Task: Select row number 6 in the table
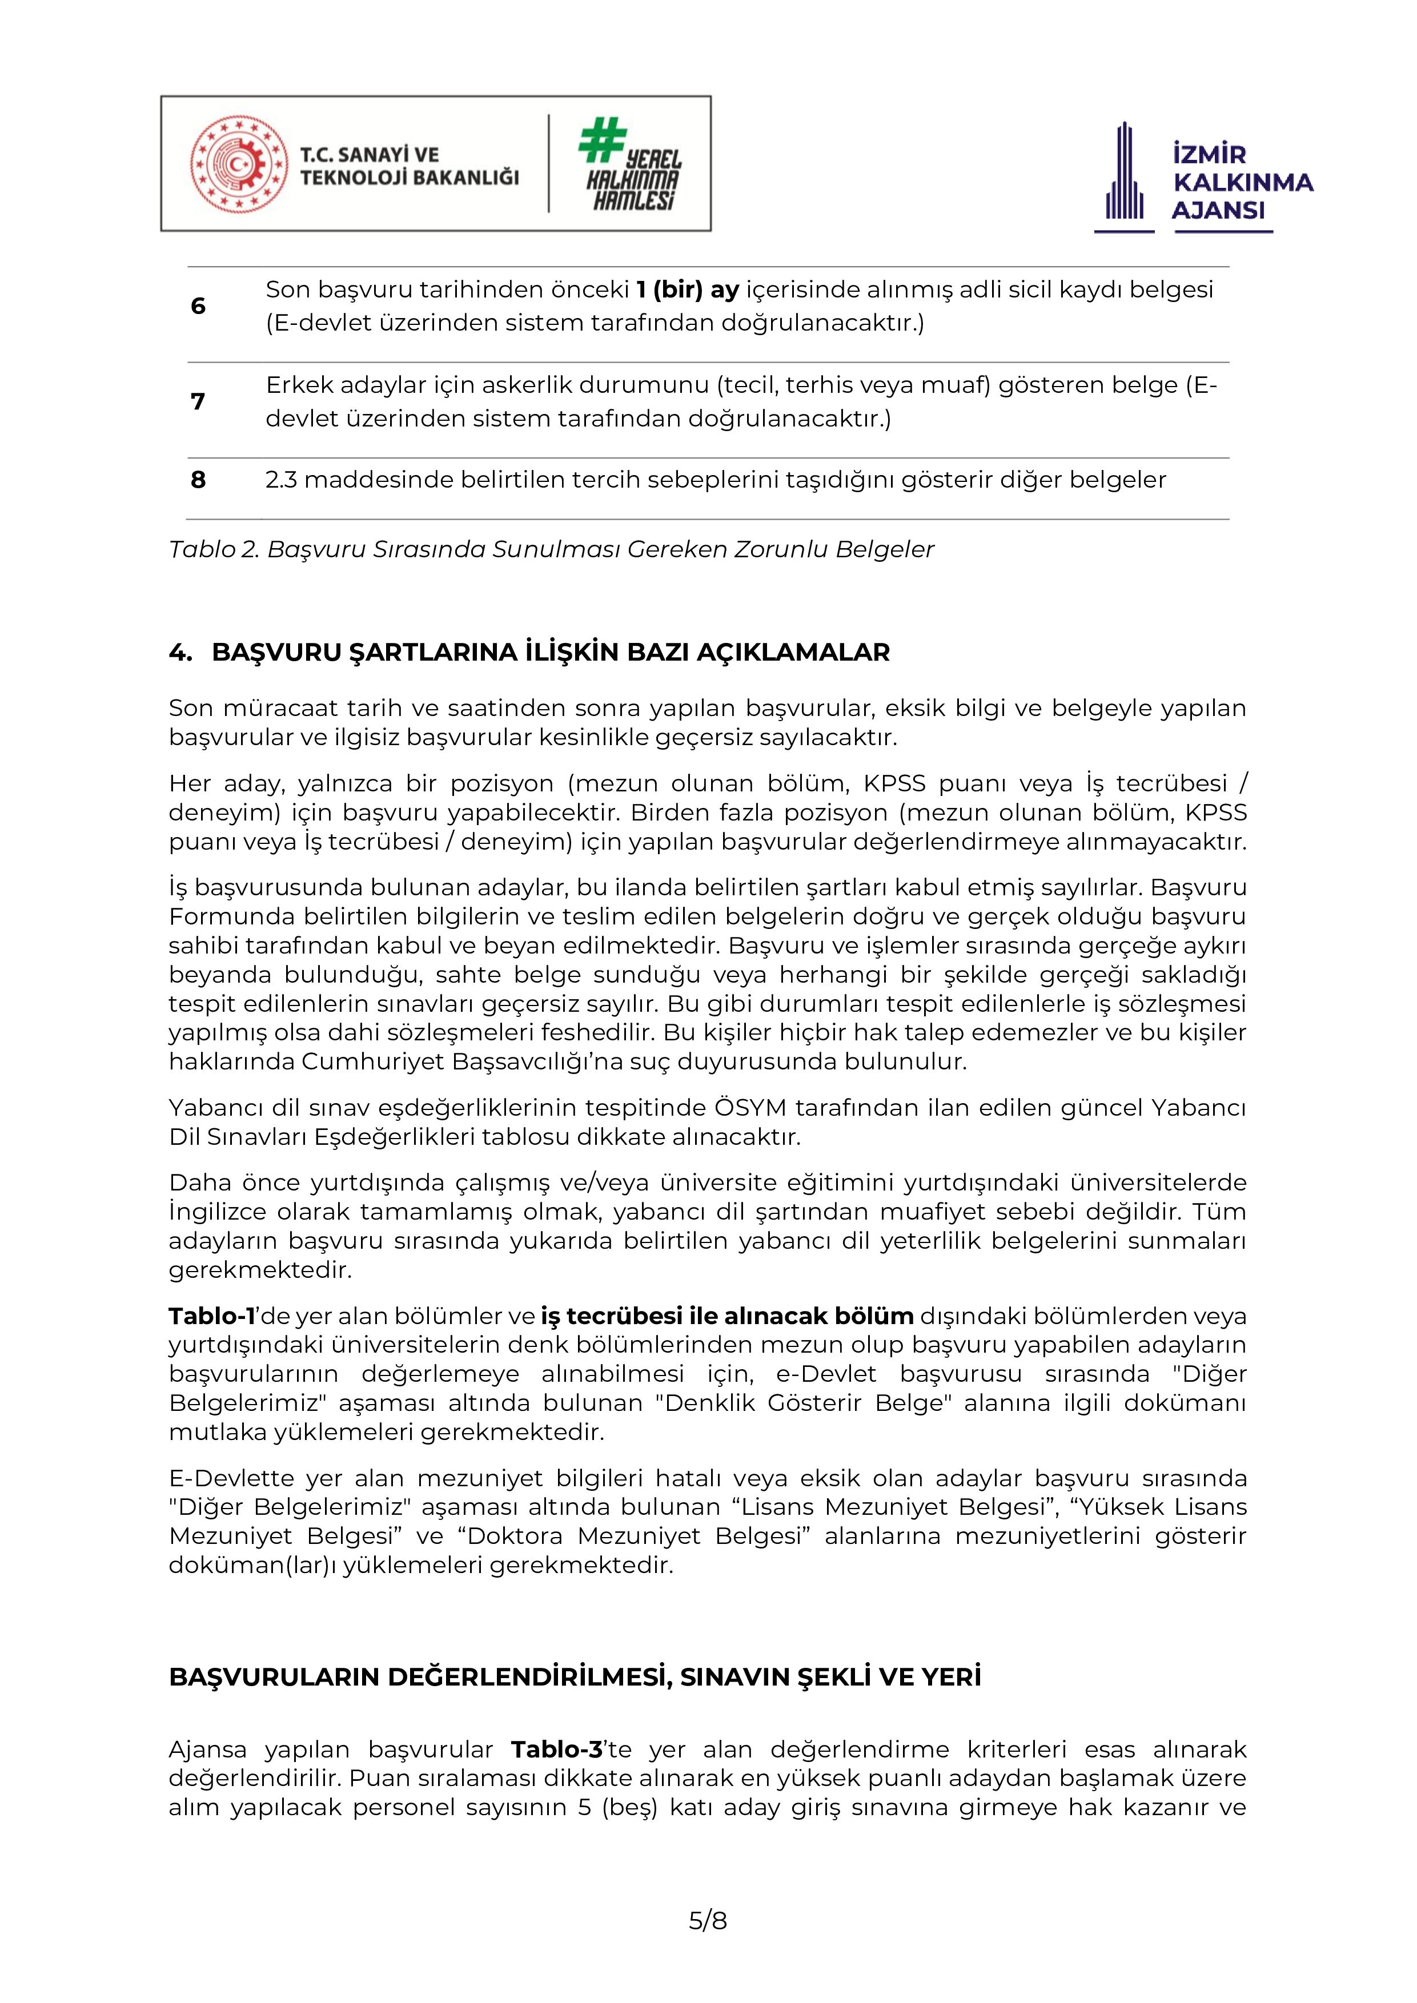(198, 306)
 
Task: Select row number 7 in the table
(198, 401)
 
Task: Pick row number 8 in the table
(198, 480)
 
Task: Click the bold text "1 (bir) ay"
(688, 289)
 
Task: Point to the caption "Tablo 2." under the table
(214, 550)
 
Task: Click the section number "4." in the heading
(180, 653)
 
